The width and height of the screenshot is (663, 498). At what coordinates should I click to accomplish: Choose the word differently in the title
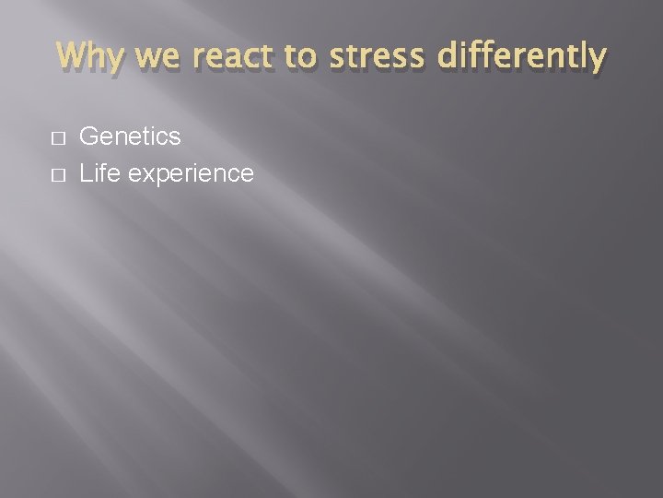coord(520,57)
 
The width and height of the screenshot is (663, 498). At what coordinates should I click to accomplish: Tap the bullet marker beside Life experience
coord(58,173)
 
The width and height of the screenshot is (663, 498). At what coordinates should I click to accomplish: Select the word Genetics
coord(130,137)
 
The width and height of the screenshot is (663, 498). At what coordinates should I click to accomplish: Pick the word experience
coord(191,174)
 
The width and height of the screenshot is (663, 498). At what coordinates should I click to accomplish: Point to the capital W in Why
coord(72,56)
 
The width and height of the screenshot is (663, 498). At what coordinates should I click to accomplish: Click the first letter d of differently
coord(446,57)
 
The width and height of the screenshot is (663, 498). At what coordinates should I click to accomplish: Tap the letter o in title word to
coord(308,59)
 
